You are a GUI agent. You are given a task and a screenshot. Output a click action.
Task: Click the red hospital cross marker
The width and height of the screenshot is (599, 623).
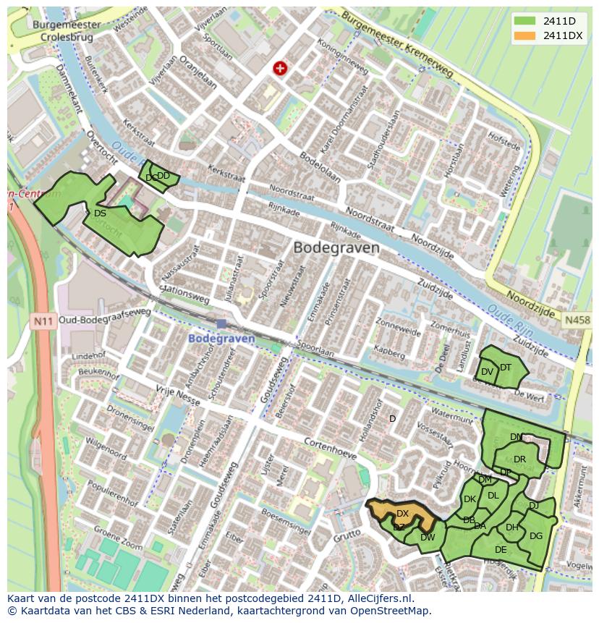[x=279, y=68]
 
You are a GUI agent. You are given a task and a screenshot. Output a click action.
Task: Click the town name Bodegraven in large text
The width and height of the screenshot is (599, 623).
[x=336, y=247]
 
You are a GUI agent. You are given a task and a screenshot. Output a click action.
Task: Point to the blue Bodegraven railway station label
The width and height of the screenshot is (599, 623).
[x=222, y=339]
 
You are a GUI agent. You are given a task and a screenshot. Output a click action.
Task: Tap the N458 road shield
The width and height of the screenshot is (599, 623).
[x=577, y=320]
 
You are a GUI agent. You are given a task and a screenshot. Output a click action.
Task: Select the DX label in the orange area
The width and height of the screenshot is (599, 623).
[x=402, y=514]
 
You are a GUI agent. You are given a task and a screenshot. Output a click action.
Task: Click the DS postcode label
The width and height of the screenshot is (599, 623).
[x=100, y=213]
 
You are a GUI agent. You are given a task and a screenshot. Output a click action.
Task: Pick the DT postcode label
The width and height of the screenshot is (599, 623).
[x=505, y=368]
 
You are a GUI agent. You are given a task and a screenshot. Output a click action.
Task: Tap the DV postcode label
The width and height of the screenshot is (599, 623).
[x=487, y=372]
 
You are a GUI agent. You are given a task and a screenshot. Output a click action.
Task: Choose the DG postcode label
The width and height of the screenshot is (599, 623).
[x=535, y=536]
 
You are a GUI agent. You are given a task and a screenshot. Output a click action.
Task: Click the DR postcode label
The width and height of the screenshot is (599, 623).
[x=519, y=459]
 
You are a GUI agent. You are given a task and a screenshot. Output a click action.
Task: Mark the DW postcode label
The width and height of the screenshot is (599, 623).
[x=428, y=537]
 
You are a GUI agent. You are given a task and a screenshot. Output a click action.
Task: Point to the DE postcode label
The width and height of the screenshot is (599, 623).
[x=501, y=550]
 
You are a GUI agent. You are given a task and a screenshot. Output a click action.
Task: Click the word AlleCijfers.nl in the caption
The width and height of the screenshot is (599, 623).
[x=378, y=598]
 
